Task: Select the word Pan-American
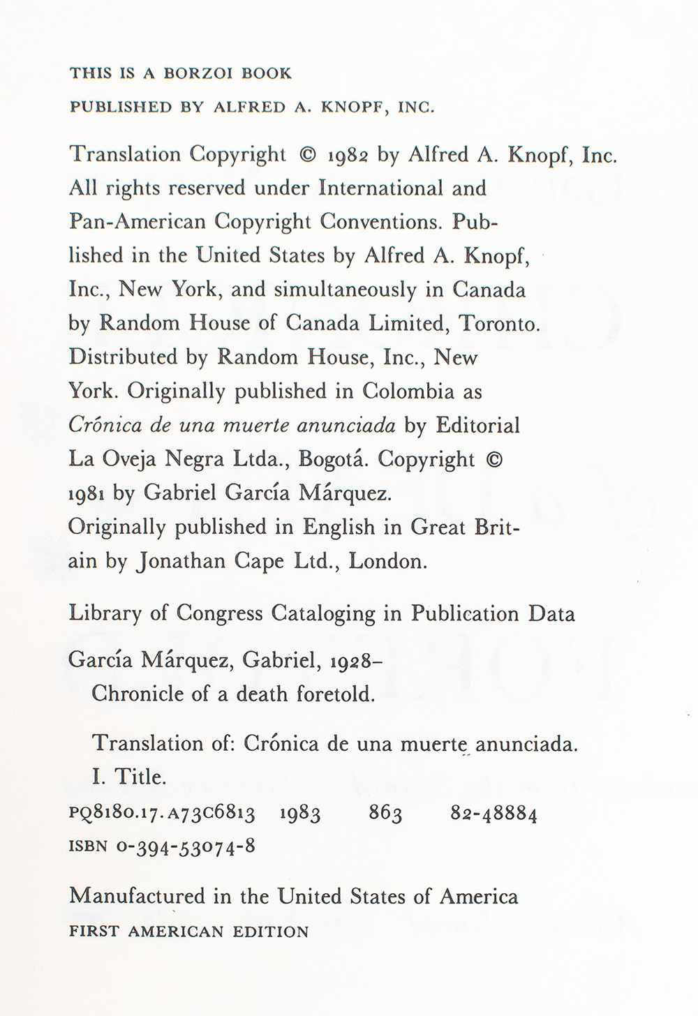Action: tap(138, 222)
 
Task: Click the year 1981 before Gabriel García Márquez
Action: tap(87, 494)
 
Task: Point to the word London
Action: tap(387, 562)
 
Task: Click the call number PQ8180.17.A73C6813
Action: tap(162, 814)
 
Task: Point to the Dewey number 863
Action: tap(385, 814)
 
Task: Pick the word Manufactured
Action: tap(138, 897)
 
